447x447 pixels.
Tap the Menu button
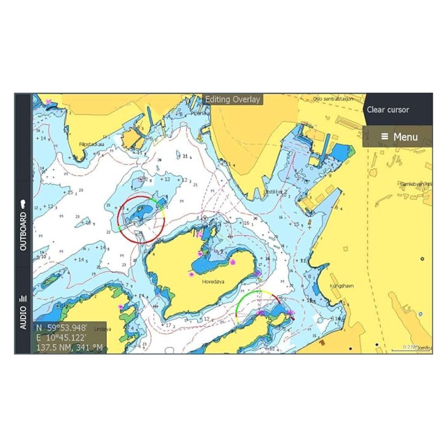tap(399, 137)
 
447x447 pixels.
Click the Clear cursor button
tap(388, 110)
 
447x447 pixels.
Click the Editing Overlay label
tap(233, 99)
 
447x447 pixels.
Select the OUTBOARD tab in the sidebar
tap(23, 231)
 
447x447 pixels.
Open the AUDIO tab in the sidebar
tap(23, 318)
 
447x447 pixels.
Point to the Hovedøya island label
tap(213, 282)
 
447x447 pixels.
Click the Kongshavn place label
tap(341, 286)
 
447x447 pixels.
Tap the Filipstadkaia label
tap(91, 144)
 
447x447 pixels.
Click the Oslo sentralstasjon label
tap(333, 99)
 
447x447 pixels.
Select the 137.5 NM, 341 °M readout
tap(70, 347)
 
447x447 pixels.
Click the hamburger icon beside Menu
tap(385, 137)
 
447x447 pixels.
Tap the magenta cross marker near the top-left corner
tap(49, 101)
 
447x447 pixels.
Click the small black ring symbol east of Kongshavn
tap(422, 259)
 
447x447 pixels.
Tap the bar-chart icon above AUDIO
tap(23, 298)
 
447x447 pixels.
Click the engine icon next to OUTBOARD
tap(23, 204)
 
